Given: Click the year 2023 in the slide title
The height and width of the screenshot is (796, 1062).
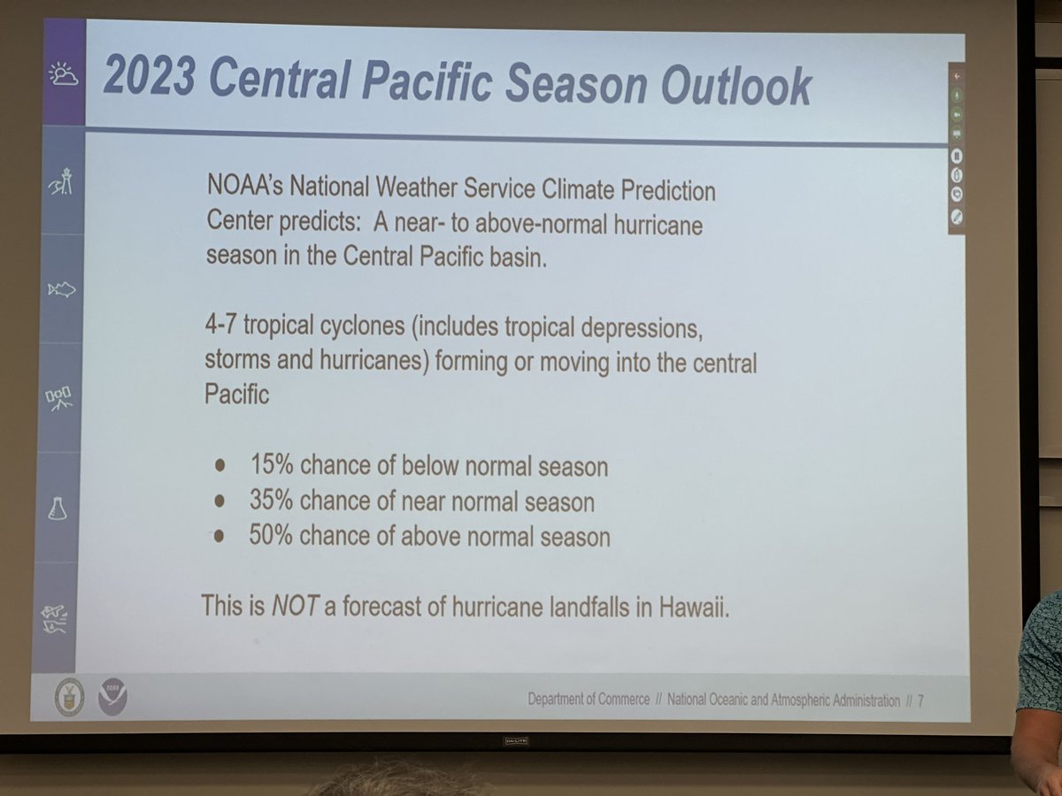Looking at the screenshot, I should pos(148,76).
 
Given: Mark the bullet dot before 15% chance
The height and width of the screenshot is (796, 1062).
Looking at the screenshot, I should pos(220,465).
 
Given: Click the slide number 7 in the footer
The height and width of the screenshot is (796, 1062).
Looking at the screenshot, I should pos(920,700).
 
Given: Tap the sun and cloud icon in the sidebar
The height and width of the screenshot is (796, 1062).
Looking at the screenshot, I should pos(63,74).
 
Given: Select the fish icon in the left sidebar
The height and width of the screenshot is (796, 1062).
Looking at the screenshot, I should pos(61,289).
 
